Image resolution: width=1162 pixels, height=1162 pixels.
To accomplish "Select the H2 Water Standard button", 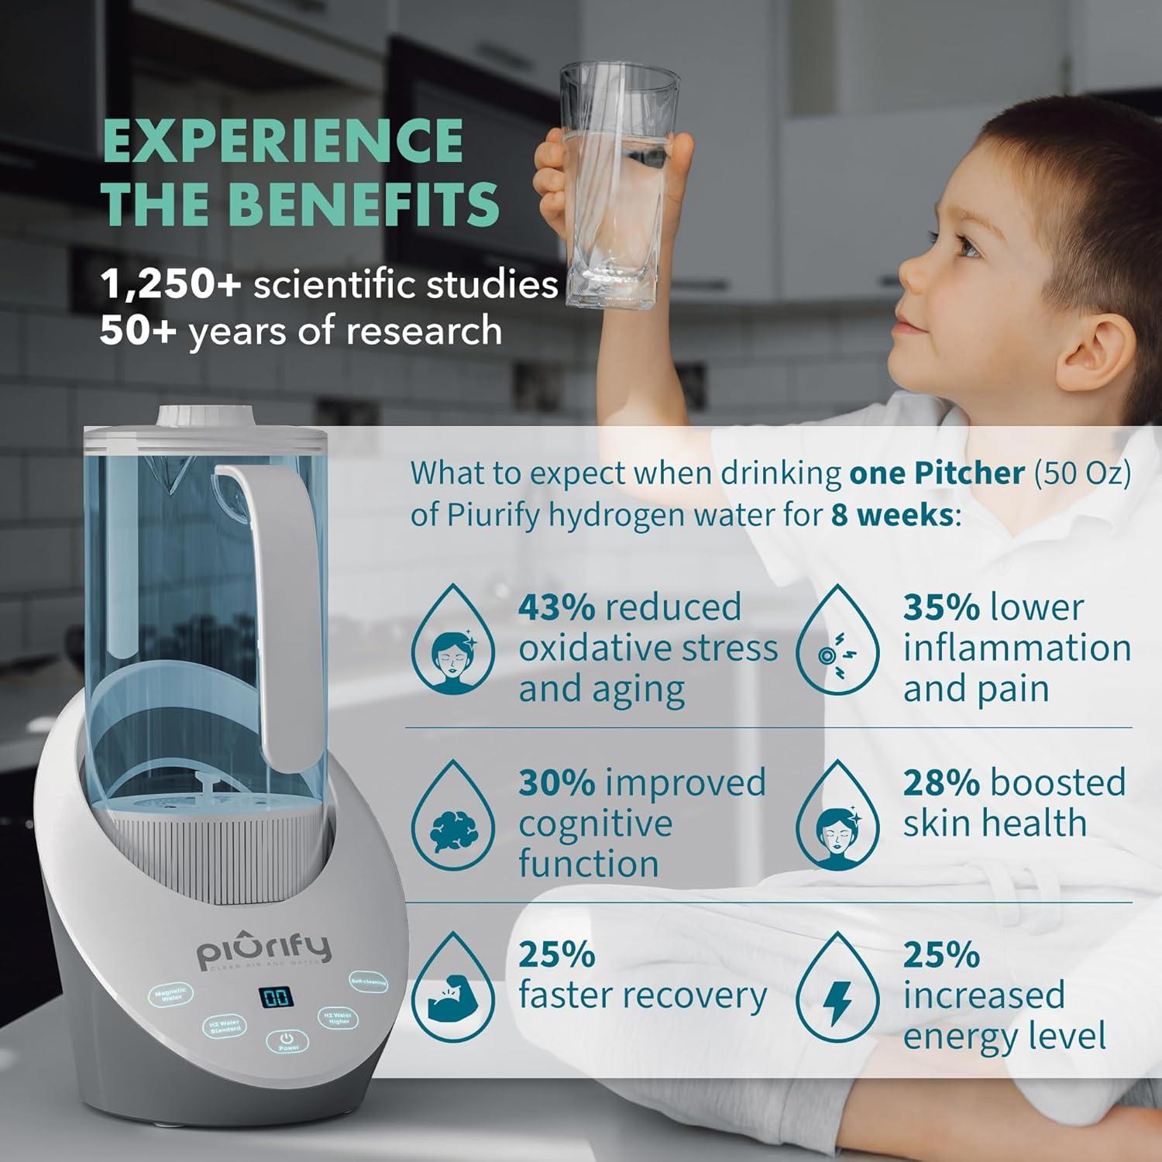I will click(x=225, y=1026).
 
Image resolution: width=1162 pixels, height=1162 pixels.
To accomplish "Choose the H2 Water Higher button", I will click(x=339, y=1017).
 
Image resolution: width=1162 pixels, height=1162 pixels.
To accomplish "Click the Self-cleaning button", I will click(x=368, y=982).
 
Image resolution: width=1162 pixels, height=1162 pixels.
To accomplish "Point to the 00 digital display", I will click(x=277, y=997).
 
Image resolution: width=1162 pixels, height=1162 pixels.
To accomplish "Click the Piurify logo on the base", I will click(x=263, y=949).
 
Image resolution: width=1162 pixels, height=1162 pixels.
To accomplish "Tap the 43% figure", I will click(x=556, y=607).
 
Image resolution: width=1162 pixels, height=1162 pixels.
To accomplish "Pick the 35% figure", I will click(x=941, y=607).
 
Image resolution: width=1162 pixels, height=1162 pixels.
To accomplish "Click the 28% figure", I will click(x=941, y=782).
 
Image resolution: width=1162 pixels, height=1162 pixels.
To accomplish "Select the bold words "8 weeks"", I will click(x=891, y=515).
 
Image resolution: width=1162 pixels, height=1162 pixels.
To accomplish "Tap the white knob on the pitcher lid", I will click(x=207, y=415).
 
